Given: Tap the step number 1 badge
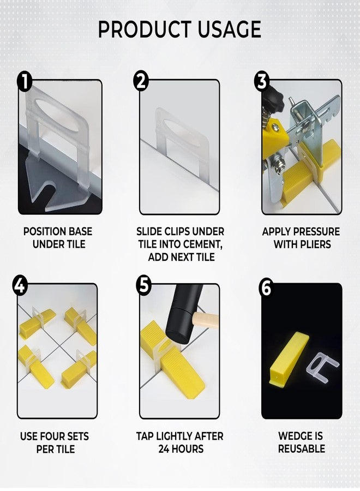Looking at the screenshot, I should pos(25,82).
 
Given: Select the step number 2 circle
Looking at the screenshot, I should pos(141,82).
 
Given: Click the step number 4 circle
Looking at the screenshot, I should pos(20,286).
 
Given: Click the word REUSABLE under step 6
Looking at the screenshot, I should pos(301,449).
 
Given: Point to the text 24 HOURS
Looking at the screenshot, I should pos(181,449).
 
